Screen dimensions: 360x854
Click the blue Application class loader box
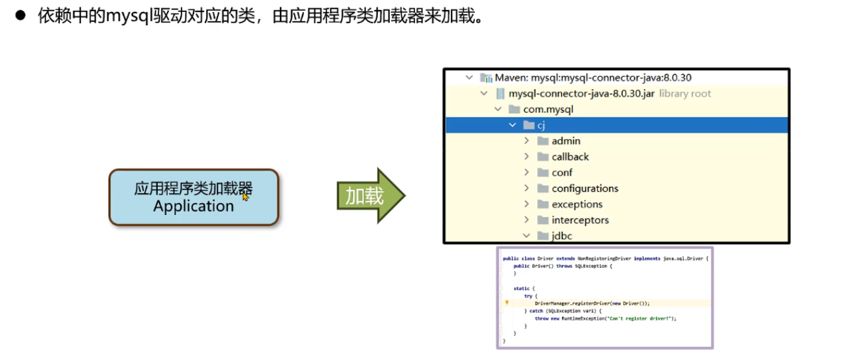(193, 197)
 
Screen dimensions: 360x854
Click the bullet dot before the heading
(20, 16)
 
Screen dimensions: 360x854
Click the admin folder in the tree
(565, 140)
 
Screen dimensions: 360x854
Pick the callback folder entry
(570, 156)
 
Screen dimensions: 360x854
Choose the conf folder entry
(561, 172)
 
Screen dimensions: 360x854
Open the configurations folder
(585, 188)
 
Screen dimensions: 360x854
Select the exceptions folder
(577, 204)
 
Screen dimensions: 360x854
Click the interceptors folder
(580, 220)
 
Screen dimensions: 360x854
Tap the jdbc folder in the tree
(561, 236)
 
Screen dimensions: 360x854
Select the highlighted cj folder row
(541, 125)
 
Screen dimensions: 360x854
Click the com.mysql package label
(548, 109)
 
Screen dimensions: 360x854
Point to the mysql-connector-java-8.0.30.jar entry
(581, 93)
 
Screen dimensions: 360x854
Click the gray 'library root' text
(685, 93)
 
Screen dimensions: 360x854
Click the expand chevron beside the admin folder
(527, 140)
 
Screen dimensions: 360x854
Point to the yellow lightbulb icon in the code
(507, 302)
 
